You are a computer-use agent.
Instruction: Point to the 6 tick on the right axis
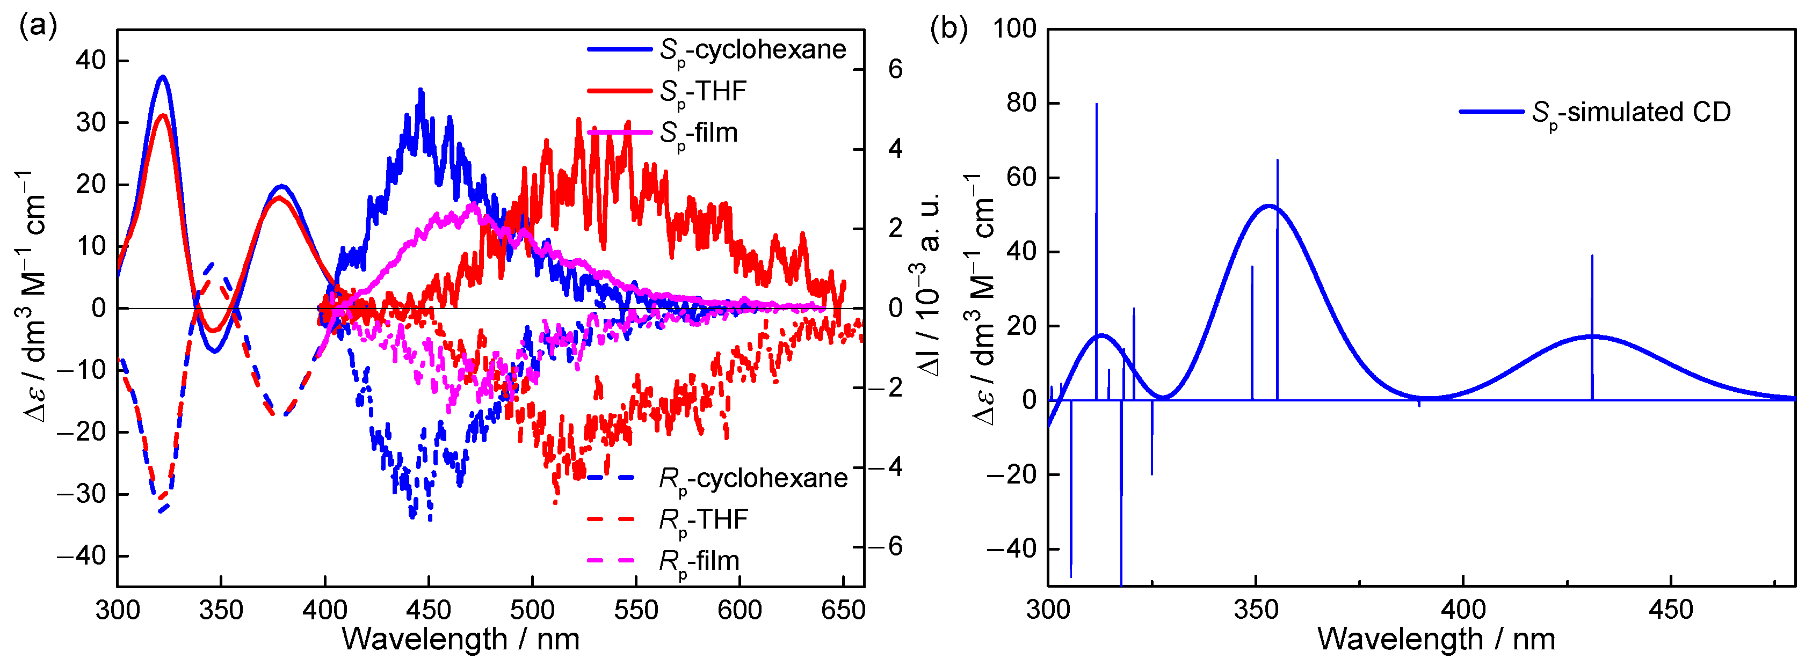pos(895,69)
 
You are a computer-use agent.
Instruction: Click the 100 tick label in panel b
pos(1014,30)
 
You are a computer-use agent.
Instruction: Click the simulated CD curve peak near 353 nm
pos(1269,206)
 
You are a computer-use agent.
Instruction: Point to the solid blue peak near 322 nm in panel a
pos(163,77)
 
